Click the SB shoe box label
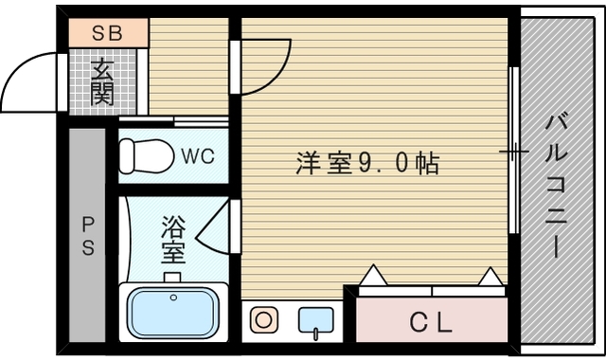[107, 31]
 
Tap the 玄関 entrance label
[103, 81]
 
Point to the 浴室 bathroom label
[172, 239]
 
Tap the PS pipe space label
[87, 236]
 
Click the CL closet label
[431, 322]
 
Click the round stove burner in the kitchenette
[261, 320]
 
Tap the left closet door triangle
[372, 276]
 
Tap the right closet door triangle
[491, 276]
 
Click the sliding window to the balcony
[513, 152]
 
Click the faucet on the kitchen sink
[315, 332]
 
